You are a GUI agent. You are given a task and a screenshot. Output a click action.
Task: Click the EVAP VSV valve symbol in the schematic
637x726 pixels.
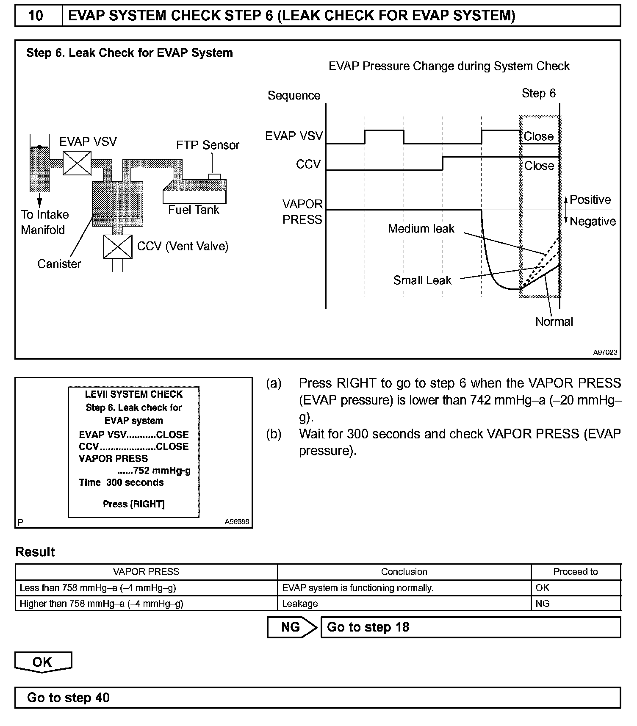[77, 163]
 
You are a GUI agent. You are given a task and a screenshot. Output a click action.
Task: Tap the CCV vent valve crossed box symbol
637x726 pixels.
[118, 247]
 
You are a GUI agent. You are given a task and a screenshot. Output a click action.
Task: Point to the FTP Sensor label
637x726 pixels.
[208, 145]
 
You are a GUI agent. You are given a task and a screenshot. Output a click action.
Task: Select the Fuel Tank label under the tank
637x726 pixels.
[194, 210]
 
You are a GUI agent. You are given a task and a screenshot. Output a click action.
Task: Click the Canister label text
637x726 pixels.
[59, 264]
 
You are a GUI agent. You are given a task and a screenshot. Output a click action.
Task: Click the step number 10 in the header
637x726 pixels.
[36, 16]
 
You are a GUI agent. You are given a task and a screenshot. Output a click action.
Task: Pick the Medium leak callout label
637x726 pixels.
[421, 229]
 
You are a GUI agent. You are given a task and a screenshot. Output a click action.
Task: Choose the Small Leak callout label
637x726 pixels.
[422, 280]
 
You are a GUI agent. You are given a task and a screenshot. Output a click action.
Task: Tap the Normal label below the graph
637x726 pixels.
[554, 321]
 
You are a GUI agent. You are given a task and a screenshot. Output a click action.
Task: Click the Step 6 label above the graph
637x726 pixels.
[539, 93]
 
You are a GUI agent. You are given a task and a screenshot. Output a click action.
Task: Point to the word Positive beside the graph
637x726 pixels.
[590, 200]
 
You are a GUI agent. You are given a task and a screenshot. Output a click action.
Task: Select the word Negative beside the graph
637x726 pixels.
[593, 221]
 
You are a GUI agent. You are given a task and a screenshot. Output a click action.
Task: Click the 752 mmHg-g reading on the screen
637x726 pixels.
[161, 471]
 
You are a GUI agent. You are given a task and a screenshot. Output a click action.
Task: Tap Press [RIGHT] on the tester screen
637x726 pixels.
[134, 504]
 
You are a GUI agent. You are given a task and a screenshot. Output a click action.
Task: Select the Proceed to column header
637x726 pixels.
[575, 572]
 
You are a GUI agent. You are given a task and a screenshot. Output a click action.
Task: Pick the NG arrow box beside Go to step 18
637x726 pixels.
[291, 627]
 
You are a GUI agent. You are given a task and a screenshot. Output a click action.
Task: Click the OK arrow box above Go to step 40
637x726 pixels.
[43, 662]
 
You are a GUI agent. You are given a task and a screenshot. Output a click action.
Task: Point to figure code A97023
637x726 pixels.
[605, 352]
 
